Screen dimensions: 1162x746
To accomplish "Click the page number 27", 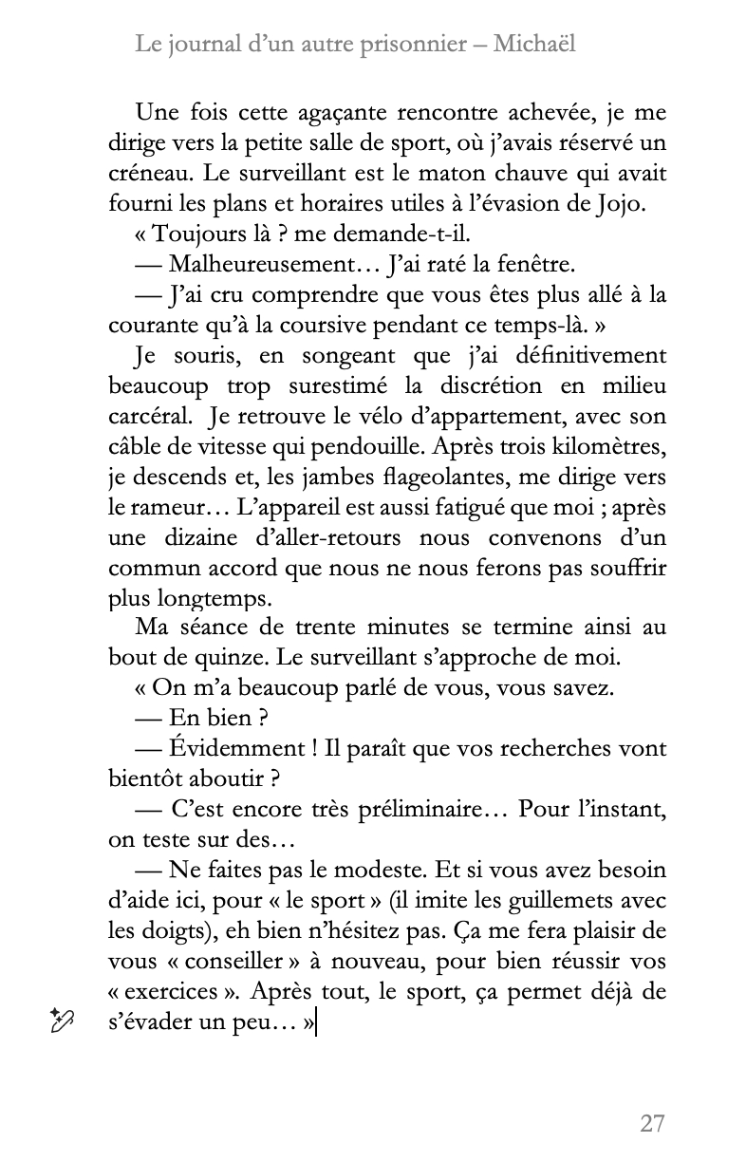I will coord(652,1123).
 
